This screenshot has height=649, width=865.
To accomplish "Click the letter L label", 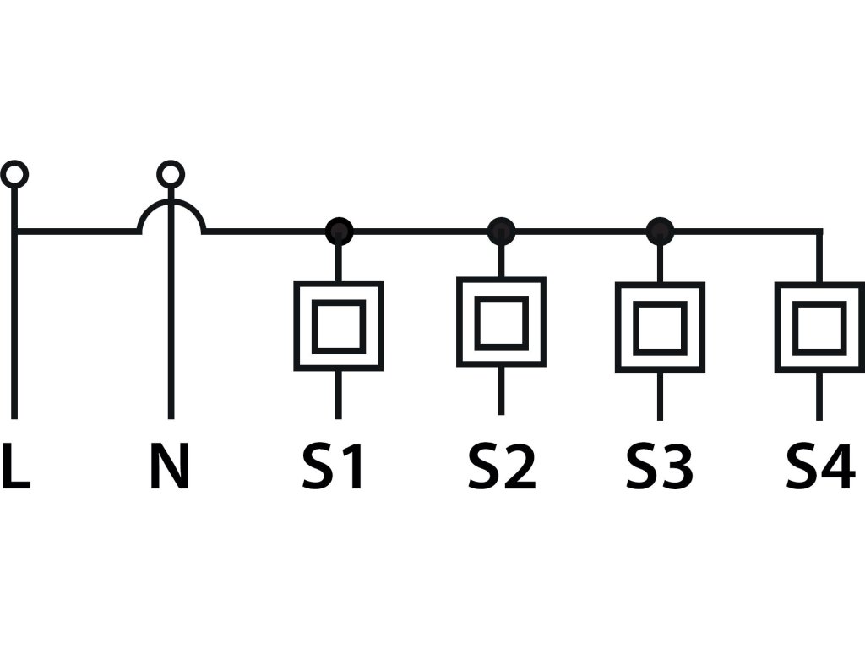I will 15,467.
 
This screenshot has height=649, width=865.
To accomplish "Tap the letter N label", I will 169,467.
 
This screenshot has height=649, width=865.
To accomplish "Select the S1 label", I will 334,467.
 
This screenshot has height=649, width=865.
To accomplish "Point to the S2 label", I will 502,467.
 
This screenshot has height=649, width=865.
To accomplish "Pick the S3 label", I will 659,467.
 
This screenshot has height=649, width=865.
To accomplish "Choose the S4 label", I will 819,467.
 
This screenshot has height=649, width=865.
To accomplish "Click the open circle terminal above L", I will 14,175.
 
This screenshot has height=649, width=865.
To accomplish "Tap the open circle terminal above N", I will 171,175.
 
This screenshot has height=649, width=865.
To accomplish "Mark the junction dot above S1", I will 339,230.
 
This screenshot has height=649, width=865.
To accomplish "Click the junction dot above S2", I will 501,230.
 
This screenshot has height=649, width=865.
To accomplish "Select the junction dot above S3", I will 660,230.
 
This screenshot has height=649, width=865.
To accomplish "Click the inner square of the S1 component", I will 339,326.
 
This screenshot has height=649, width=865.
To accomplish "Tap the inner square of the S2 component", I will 501,322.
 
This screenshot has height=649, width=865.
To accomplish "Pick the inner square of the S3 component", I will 660,328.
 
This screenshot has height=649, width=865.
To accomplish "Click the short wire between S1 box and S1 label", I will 339,394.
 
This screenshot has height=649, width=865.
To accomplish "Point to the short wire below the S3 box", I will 660,395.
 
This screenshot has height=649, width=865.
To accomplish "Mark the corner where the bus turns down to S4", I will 819,231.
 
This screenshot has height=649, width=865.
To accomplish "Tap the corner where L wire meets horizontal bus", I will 15,231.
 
